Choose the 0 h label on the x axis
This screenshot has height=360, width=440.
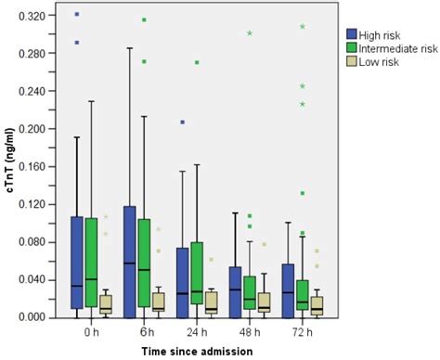click(x=91, y=331)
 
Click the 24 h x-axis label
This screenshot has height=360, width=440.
click(x=196, y=331)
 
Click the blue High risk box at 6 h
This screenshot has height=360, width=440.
click(x=129, y=257)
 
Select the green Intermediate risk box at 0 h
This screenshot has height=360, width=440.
click(x=91, y=262)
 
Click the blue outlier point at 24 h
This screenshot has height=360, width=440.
click(x=183, y=122)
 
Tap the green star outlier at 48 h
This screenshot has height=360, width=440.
click(x=250, y=33)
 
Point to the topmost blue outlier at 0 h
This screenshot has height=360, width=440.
click(x=77, y=14)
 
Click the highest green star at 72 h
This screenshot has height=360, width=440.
click(x=302, y=27)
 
